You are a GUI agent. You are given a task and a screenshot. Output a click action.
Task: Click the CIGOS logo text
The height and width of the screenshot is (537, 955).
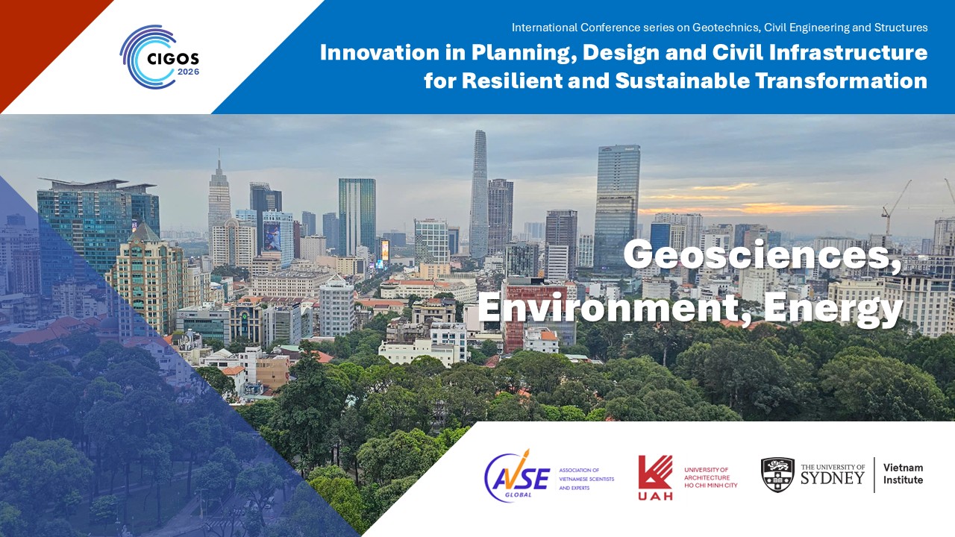tap(172, 58)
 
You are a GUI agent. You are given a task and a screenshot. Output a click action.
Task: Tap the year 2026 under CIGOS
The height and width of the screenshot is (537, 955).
tap(189, 72)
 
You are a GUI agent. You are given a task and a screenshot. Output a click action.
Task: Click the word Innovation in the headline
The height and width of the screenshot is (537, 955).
tap(380, 52)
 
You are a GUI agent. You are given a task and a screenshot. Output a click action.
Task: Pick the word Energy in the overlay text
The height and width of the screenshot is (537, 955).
tap(833, 311)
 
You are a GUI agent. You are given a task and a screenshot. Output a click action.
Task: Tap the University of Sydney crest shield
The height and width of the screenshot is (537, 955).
tap(777, 475)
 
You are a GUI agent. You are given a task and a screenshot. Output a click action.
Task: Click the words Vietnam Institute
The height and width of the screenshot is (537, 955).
tap(903, 474)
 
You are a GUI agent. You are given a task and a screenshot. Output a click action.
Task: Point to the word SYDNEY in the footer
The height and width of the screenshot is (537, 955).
tap(832, 478)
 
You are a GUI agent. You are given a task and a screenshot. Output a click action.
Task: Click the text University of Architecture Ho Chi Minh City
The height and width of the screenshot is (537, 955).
tap(711, 478)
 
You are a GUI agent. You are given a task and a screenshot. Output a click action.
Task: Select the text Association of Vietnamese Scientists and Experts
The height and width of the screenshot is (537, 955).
tap(586, 479)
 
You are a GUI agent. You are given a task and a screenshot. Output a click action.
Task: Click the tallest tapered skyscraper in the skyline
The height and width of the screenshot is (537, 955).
tap(478, 194)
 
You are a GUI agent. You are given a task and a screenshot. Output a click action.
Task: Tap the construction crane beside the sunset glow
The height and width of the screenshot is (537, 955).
tap(895, 207)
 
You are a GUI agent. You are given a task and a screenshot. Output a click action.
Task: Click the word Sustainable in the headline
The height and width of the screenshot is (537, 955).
tap(682, 81)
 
